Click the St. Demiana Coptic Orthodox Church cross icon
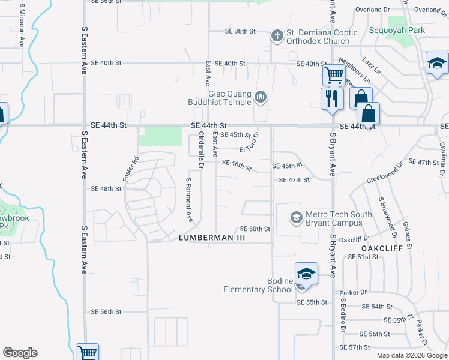tap(277, 35)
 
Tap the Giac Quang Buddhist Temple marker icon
tap(261, 96)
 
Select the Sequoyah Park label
tap(397, 30)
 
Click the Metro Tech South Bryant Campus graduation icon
tap(295, 217)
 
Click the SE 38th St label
tap(240, 31)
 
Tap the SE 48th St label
tap(106, 188)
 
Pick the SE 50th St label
tap(255, 229)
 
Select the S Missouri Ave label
tap(22, 26)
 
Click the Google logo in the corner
tap(20, 353)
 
